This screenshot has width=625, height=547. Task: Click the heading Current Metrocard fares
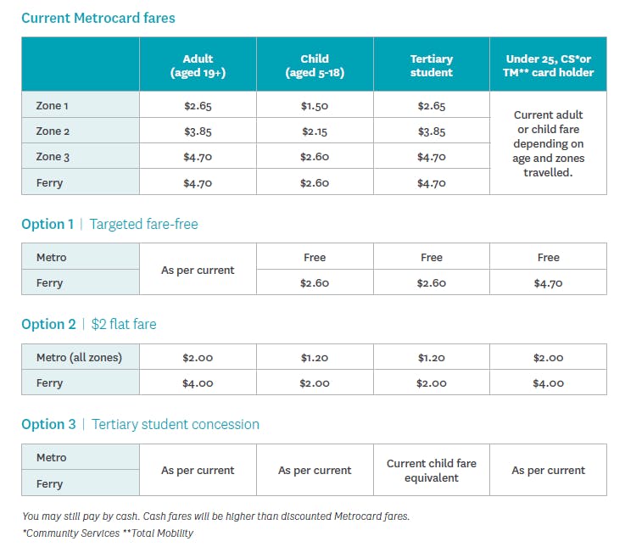coord(98,18)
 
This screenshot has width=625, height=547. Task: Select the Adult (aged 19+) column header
coord(198,65)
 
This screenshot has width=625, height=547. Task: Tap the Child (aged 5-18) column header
coord(315,65)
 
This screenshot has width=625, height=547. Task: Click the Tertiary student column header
coord(432,65)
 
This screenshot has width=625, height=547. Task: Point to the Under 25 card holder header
coord(549,65)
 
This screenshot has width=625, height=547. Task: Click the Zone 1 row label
coord(53,106)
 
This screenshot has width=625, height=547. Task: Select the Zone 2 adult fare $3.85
coord(198,131)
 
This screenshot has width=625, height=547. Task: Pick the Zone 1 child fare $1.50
coord(315,106)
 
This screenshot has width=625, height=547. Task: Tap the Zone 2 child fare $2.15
coord(315,131)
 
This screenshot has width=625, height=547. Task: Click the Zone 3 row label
coord(53,157)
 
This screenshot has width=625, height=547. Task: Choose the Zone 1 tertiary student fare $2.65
coord(432,106)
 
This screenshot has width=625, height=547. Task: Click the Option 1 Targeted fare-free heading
coord(109,225)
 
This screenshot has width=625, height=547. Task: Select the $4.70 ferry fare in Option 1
coord(549,283)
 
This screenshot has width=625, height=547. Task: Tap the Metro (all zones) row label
coord(79,357)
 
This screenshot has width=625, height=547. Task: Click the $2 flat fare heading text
coord(123,324)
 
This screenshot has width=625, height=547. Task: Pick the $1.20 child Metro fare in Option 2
coord(315,358)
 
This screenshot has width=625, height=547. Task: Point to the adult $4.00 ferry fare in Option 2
coord(198,383)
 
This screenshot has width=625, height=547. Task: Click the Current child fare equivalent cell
coord(432,471)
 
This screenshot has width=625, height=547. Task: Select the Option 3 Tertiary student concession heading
coord(140,424)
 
